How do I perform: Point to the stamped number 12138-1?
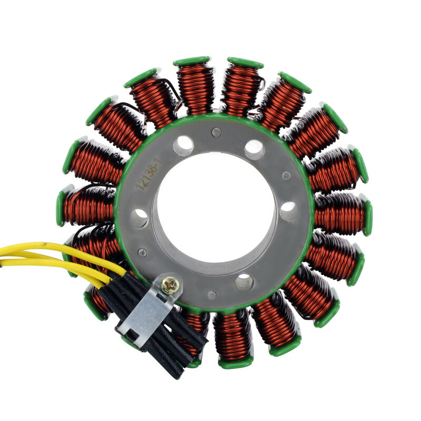(149, 174)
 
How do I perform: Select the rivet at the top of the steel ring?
(216, 132)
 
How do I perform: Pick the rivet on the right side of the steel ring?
(286, 176)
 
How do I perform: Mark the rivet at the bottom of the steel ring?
(212, 295)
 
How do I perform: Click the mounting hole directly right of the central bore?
(289, 211)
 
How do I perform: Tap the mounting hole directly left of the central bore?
(139, 217)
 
